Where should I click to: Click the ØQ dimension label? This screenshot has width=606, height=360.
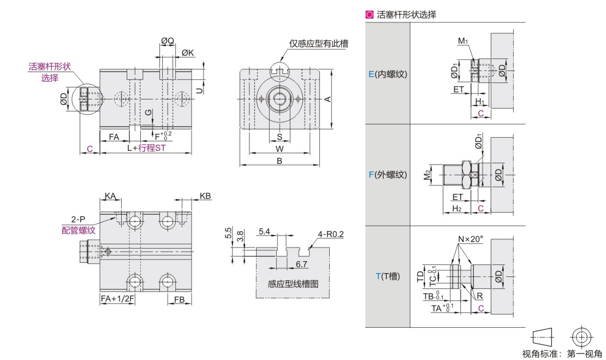point(167,40)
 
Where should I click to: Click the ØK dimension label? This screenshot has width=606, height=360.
point(187,53)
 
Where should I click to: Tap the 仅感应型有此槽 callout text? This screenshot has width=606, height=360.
point(319,44)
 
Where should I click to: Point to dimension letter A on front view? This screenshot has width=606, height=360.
point(328,99)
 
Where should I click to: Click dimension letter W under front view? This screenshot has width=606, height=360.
point(279,148)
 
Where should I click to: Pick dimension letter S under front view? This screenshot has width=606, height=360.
point(279,137)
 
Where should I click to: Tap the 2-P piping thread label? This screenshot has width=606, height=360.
point(78,220)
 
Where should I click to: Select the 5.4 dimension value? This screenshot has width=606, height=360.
point(264,232)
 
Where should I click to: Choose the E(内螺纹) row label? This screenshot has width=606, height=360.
point(388,74)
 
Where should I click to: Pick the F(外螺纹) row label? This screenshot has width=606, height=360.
point(388,175)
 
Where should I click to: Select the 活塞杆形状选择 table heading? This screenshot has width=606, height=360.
point(406,15)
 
